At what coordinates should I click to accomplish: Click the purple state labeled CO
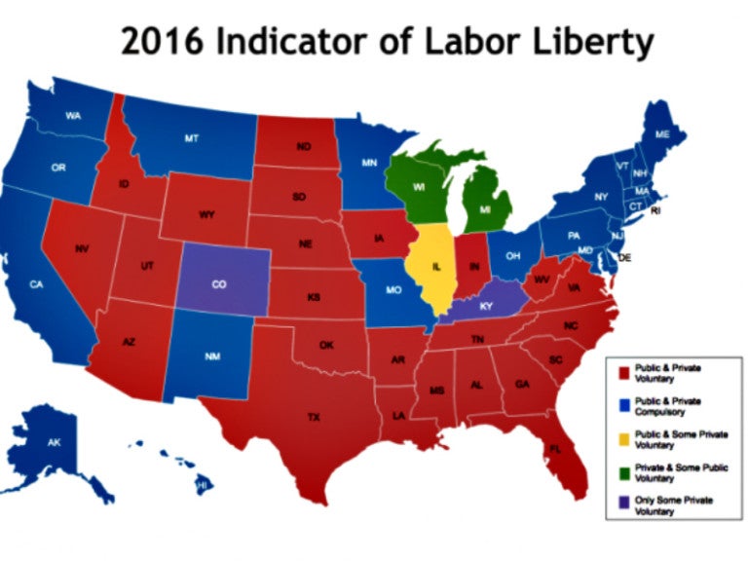pyautogui.click(x=219, y=284)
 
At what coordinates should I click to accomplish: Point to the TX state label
pyautogui.click(x=314, y=417)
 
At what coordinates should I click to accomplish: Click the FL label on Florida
pyautogui.click(x=554, y=449)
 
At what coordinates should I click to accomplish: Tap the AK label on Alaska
pyautogui.click(x=55, y=442)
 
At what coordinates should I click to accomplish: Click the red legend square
pyautogui.click(x=626, y=372)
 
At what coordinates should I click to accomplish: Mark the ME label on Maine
pyautogui.click(x=661, y=133)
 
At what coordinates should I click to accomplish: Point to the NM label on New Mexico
pyautogui.click(x=212, y=357)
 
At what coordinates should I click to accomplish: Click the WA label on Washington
pyautogui.click(x=73, y=116)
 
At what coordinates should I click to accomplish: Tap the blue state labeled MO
pyautogui.click(x=395, y=290)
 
